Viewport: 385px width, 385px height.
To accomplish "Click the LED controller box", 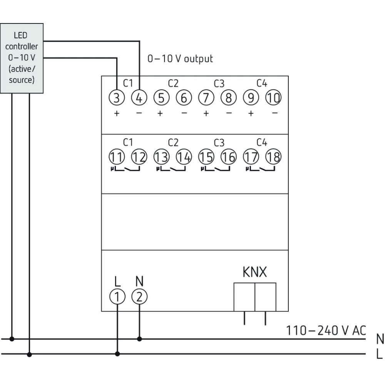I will pos(22,58).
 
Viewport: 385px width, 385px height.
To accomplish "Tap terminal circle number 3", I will pos(117,98).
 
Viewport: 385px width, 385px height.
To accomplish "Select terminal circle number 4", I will pos(139,98).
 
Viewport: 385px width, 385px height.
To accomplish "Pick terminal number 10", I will pos(273,98).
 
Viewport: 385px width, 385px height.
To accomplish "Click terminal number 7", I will pos(206,98).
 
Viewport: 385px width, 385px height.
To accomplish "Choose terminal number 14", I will pos(184,157).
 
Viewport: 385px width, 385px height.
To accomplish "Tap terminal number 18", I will pos(273,157).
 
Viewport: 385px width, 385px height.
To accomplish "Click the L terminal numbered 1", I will pos(117,296).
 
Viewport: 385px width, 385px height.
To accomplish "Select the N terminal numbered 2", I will pos(139,296).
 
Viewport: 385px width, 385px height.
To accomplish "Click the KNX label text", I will pos(254,273).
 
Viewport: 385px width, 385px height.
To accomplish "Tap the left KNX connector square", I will pos(244,297).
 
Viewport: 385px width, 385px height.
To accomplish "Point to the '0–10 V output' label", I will pos(180,59).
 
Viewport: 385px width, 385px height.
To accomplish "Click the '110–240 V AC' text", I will pos(326,330).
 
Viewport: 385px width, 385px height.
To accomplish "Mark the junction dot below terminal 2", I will pos(139,339).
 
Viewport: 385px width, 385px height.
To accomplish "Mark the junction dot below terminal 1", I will pos(117,353).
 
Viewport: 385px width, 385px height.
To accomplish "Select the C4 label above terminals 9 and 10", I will pos(262,83).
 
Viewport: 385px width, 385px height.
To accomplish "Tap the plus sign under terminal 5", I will pos(161,114).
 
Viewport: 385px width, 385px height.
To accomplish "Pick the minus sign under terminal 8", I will pos(229,114).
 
